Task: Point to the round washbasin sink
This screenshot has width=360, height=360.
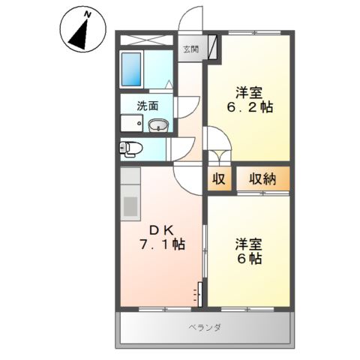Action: click(x=157, y=126)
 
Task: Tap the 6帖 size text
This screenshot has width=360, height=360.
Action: click(x=251, y=259)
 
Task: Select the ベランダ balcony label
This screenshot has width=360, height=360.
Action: click(x=202, y=327)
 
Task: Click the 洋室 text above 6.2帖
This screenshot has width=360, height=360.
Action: click(x=250, y=92)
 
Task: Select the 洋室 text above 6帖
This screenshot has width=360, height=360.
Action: click(x=250, y=244)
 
